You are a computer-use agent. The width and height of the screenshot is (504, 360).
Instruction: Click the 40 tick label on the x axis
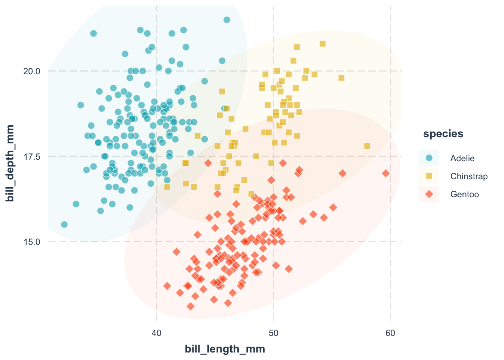tap(156, 333)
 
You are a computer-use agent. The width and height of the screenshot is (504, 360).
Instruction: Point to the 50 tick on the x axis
tap(273, 333)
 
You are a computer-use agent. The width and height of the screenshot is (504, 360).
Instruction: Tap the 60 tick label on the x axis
tap(390, 333)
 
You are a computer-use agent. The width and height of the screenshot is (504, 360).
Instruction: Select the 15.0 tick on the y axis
tap(32, 241)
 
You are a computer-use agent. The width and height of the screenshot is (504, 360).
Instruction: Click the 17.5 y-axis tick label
tap(32, 156)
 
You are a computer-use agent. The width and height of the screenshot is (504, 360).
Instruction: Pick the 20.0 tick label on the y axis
tap(32, 71)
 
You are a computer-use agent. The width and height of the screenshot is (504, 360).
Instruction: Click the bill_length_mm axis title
tap(225, 349)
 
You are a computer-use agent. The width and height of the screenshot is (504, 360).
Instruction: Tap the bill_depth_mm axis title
tap(10, 163)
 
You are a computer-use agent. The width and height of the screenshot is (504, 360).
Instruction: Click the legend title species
tap(443, 134)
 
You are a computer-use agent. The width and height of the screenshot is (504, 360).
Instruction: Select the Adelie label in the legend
tap(462, 158)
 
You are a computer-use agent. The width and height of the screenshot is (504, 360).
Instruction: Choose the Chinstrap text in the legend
tap(469, 176)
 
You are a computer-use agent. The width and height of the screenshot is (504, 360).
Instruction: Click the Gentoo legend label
tap(465, 194)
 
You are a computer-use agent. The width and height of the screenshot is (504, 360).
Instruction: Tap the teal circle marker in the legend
tap(429, 158)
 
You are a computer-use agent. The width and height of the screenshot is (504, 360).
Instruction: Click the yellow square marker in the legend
tap(429, 176)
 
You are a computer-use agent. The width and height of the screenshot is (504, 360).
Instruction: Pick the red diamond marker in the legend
tap(429, 194)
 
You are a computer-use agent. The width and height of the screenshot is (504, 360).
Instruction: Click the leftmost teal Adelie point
tap(64, 224)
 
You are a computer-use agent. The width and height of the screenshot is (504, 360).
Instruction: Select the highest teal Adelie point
tap(226, 20)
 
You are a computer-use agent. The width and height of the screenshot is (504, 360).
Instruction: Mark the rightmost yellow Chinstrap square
tap(367, 146)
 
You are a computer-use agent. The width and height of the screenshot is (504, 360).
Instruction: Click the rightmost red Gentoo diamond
tap(386, 173)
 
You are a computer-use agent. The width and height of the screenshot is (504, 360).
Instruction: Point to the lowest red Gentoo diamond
tap(190, 306)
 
